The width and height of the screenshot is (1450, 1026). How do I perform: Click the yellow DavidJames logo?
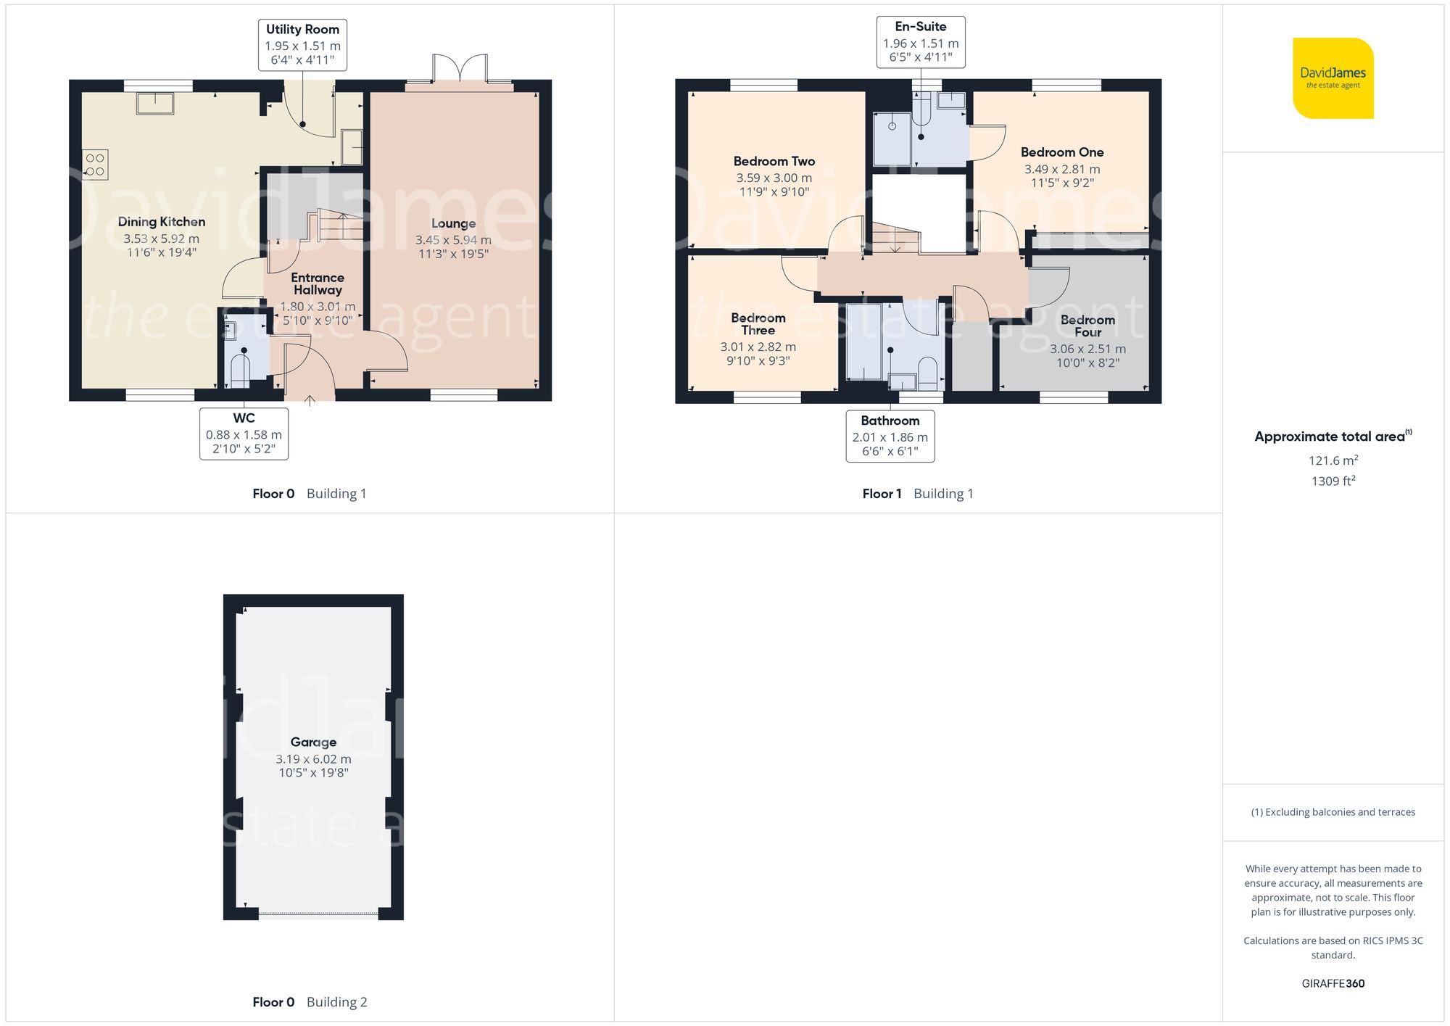pos(1333,78)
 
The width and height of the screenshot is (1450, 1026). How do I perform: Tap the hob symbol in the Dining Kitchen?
pos(95,165)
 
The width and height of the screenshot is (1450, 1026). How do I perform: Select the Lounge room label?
pos(453,223)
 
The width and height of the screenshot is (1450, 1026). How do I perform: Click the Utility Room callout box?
pos(302,45)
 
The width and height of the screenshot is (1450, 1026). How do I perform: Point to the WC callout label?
pos(244,434)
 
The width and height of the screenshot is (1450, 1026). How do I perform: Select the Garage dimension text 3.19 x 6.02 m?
pos(313,759)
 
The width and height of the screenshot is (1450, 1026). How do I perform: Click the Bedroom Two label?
pos(774,161)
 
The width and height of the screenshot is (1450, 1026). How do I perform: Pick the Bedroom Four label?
pos(1087,326)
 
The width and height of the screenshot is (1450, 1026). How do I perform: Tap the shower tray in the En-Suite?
pos(892,138)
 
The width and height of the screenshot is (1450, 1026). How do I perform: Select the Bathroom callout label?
pos(890,436)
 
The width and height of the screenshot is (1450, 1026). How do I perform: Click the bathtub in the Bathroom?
pos(863,342)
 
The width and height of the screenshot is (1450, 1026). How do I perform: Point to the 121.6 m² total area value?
pos(1333,460)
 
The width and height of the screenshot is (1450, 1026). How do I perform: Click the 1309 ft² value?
pos(1333,481)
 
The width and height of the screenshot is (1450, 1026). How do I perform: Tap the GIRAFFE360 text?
pos(1333,983)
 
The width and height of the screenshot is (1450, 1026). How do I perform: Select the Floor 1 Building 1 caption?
pos(917,494)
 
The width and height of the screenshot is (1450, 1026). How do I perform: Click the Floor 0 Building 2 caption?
pos(310,1002)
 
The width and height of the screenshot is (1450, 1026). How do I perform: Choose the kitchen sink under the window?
pos(155,103)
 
